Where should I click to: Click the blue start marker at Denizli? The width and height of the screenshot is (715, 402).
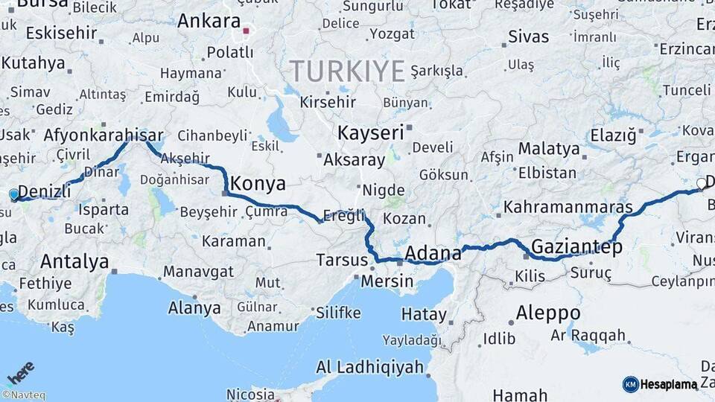pyautogui.click(x=13, y=195)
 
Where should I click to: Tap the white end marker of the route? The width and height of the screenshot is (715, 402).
pyautogui.click(x=701, y=183)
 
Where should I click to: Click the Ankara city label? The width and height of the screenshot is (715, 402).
pyautogui.click(x=209, y=21)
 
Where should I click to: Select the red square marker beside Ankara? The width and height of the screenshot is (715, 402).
pyautogui.click(x=246, y=31)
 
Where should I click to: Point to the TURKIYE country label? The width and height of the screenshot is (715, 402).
pyautogui.click(x=347, y=71)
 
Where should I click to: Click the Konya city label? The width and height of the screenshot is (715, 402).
pyautogui.click(x=258, y=183)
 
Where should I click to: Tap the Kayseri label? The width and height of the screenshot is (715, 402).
pyautogui.click(x=370, y=133)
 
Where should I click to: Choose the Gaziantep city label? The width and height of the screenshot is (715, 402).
pyautogui.click(x=576, y=247)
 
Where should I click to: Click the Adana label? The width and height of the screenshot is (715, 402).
pyautogui.click(x=433, y=253)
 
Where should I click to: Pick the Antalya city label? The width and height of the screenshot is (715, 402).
pyautogui.click(x=74, y=261)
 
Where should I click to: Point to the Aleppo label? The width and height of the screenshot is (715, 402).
pyautogui.click(x=547, y=312)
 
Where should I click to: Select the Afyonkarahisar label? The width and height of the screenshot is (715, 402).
pyautogui.click(x=104, y=135)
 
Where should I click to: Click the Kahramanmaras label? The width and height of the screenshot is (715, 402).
pyautogui.click(x=568, y=207)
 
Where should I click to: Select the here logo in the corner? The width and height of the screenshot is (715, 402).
pyautogui.click(x=21, y=373)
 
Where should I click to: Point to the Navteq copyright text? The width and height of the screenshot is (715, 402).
pyautogui.click(x=23, y=395)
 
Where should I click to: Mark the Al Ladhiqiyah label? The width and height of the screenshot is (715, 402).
pyautogui.click(x=370, y=367)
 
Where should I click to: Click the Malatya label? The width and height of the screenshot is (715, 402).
pyautogui.click(x=549, y=149)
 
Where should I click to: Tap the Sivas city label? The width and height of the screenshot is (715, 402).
pyautogui.click(x=528, y=36)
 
